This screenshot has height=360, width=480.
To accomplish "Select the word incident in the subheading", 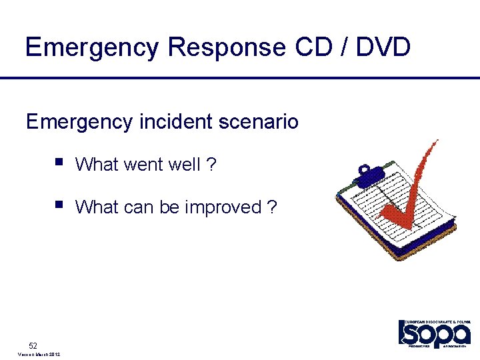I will (x=172, y=121).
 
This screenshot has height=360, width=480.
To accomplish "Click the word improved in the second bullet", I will (x=223, y=207).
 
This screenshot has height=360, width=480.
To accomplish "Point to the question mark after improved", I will (x=271, y=207).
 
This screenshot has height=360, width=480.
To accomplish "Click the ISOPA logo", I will (x=434, y=333).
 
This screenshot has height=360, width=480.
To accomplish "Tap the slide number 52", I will (x=33, y=345).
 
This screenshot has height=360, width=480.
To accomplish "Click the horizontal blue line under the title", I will (x=240, y=78).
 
